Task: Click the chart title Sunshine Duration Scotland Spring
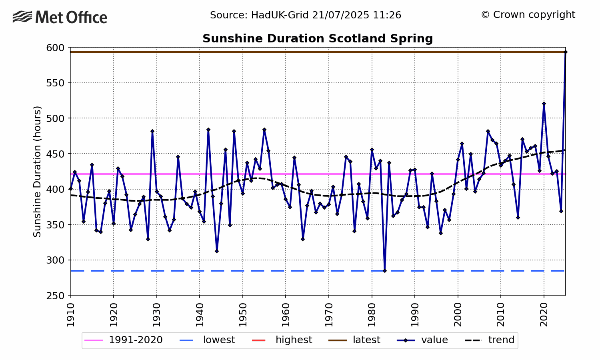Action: (318, 39)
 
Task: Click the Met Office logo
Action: (60, 17)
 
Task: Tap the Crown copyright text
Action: (528, 15)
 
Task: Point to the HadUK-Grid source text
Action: (306, 15)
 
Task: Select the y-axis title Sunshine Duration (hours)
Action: (37, 171)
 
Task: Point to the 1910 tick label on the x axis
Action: (71, 315)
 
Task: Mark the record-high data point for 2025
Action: (565, 52)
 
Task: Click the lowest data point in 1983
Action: (385, 271)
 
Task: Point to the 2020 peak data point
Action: (544, 104)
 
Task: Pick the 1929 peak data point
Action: (152, 131)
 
